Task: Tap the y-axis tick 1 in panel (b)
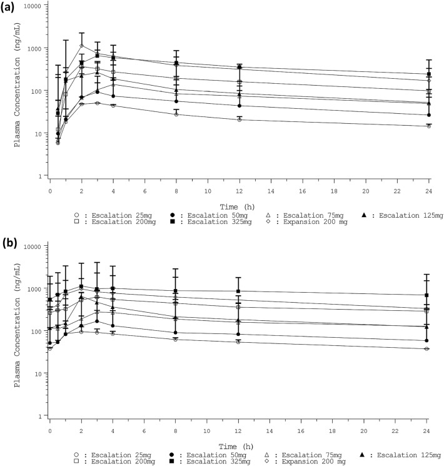tap(42, 416)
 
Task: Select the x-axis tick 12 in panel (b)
tap(238, 427)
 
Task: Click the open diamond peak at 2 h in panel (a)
tap(81, 46)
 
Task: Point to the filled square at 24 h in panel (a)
tap(428, 74)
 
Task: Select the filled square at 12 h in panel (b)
tap(238, 291)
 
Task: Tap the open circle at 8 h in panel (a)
tap(176, 114)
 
